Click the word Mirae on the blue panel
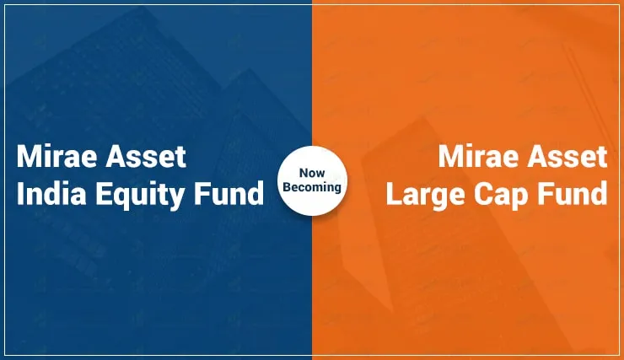pos(56,156)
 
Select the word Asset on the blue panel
pos(146,156)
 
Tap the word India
pos(51,193)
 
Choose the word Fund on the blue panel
pos(229,193)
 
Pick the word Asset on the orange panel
pos(568,156)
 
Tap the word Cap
pos(501,196)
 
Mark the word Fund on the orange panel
pos(573,193)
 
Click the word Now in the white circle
pos(312,173)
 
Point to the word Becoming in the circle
pos(312,188)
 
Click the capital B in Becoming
pos(288,187)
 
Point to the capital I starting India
pos(19,193)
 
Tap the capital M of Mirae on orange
pos(449,156)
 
